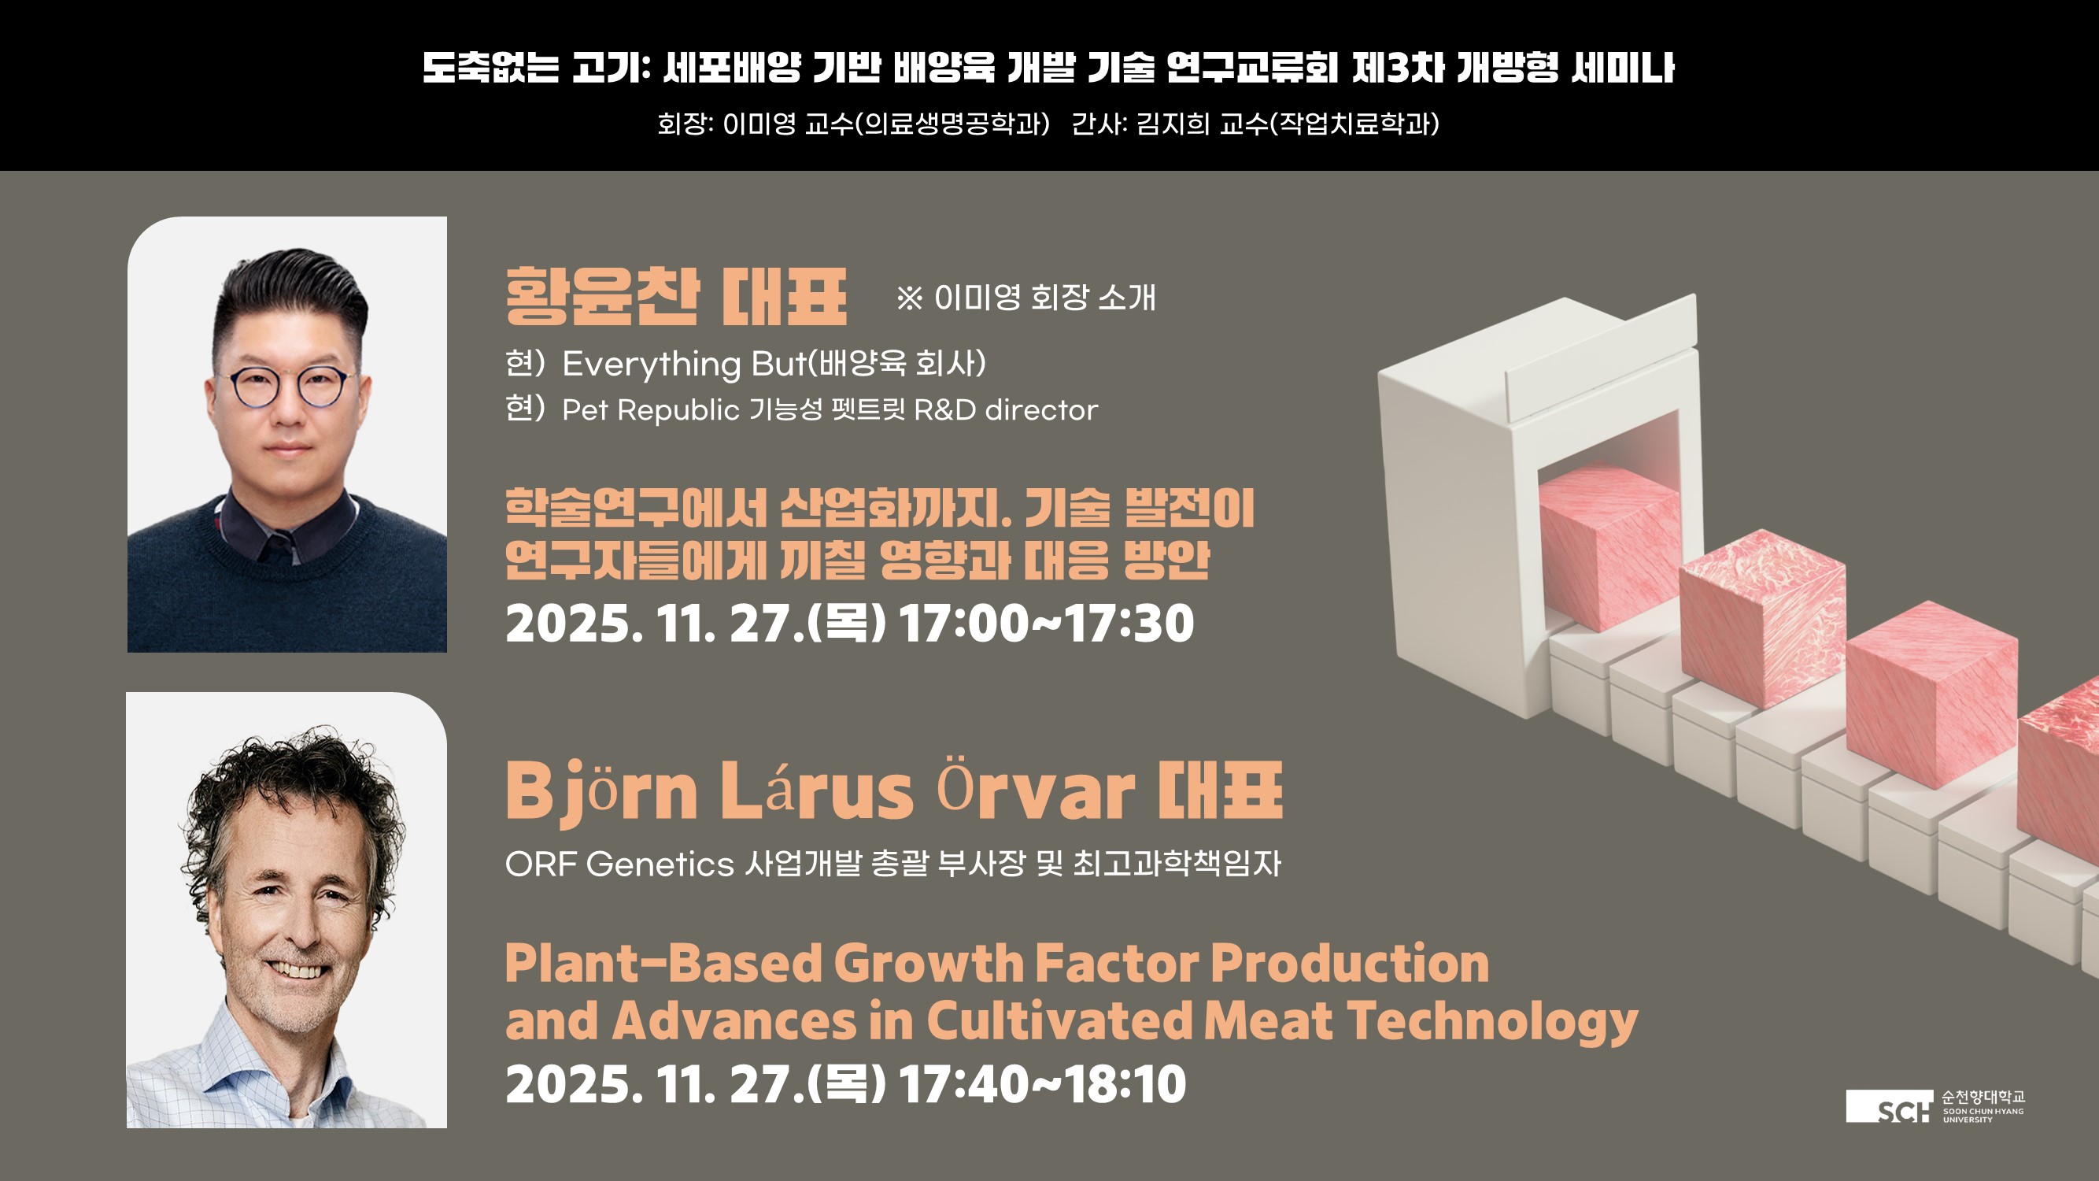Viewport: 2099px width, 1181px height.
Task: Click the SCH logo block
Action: click(x=1889, y=1106)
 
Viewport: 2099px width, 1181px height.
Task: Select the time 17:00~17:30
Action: click(x=1046, y=624)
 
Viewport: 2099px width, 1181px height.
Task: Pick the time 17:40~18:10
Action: click(x=1042, y=1084)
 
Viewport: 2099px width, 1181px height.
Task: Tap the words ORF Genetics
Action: click(x=619, y=864)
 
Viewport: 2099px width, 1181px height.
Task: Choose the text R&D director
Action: click(x=1006, y=409)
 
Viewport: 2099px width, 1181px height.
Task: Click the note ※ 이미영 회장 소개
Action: click(x=1025, y=298)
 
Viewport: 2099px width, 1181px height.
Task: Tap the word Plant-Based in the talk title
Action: click(x=663, y=964)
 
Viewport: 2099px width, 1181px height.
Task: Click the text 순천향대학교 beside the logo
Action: click(x=1983, y=1097)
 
